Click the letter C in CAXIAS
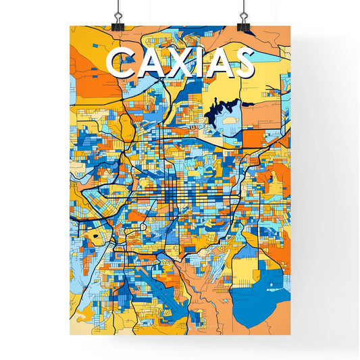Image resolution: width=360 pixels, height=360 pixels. click(x=120, y=64)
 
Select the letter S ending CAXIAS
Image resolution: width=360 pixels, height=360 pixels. click(x=242, y=64)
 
